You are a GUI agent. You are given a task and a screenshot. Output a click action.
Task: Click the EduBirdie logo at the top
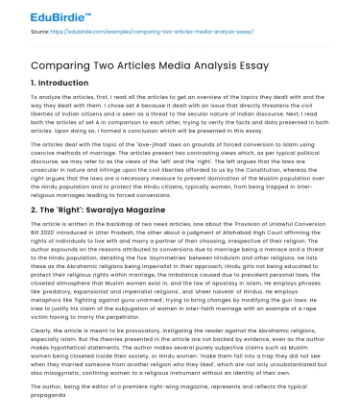[x=39, y=13]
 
